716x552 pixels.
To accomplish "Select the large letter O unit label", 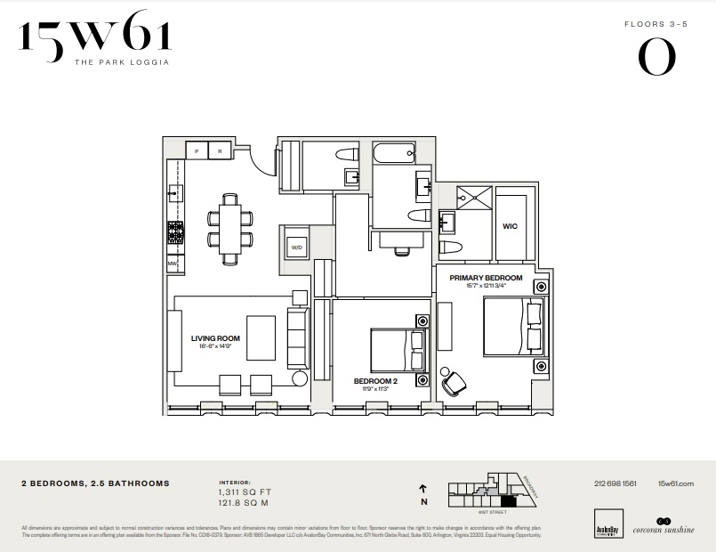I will [x=656, y=59].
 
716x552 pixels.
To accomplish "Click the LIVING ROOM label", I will [x=215, y=338].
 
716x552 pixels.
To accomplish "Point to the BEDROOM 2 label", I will [x=374, y=380].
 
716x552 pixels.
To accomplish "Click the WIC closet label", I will [x=510, y=226].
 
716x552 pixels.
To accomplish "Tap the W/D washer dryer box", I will [x=296, y=247].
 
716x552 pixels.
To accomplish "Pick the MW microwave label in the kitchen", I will [x=172, y=264].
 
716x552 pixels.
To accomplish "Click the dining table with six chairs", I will [x=230, y=228].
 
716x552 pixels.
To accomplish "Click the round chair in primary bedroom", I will [x=455, y=381].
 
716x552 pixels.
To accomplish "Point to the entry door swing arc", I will [x=262, y=160].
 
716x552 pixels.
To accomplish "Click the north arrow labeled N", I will [x=423, y=494].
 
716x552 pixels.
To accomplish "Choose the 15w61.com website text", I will [x=675, y=483].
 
